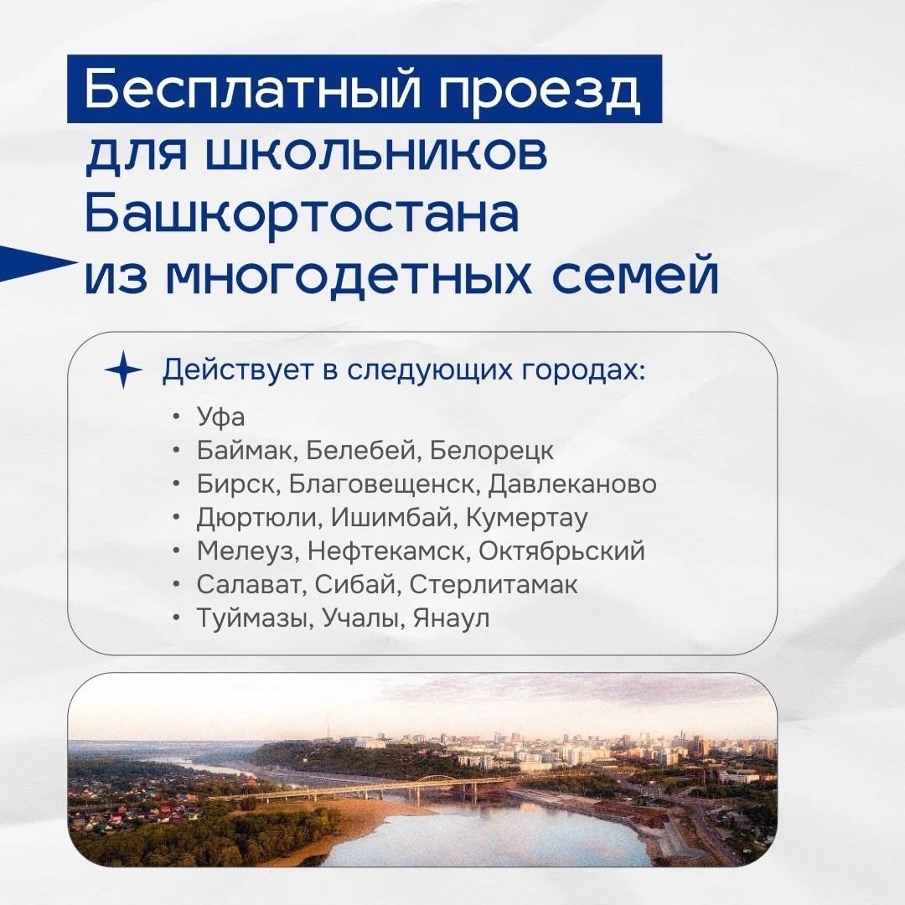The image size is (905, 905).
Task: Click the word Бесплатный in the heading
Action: (x=251, y=88)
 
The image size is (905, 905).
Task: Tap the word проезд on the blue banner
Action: (x=540, y=92)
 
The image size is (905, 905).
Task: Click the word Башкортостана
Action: (x=302, y=212)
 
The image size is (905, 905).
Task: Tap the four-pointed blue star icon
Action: (x=123, y=370)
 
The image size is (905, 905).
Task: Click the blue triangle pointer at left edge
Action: (x=34, y=263)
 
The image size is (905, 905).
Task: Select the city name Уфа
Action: (x=220, y=416)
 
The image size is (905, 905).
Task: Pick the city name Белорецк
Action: (x=491, y=451)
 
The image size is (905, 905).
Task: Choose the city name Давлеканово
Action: (x=572, y=484)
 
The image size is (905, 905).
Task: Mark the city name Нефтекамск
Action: (x=385, y=551)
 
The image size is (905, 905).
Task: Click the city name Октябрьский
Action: (x=561, y=551)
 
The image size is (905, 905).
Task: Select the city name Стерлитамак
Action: (x=494, y=584)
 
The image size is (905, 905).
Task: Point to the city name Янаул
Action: (x=451, y=618)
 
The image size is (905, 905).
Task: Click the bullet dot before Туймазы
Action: (x=177, y=618)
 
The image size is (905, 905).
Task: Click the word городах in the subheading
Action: (x=583, y=370)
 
